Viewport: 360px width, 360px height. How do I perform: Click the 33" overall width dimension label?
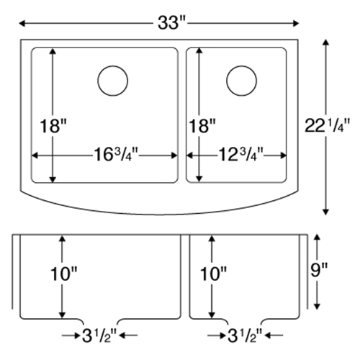[171, 23]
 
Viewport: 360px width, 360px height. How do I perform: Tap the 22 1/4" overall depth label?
[327, 125]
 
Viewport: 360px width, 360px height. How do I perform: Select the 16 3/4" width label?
[116, 155]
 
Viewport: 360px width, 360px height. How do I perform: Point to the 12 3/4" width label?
[240, 155]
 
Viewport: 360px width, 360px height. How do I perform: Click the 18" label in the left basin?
[53, 126]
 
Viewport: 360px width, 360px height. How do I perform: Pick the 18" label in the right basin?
[202, 126]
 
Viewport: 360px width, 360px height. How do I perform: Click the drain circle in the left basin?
[113, 81]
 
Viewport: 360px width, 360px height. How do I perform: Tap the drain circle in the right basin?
[241, 81]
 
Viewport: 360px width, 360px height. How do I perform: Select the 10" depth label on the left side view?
[63, 274]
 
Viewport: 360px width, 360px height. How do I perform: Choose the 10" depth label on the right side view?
[213, 274]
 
